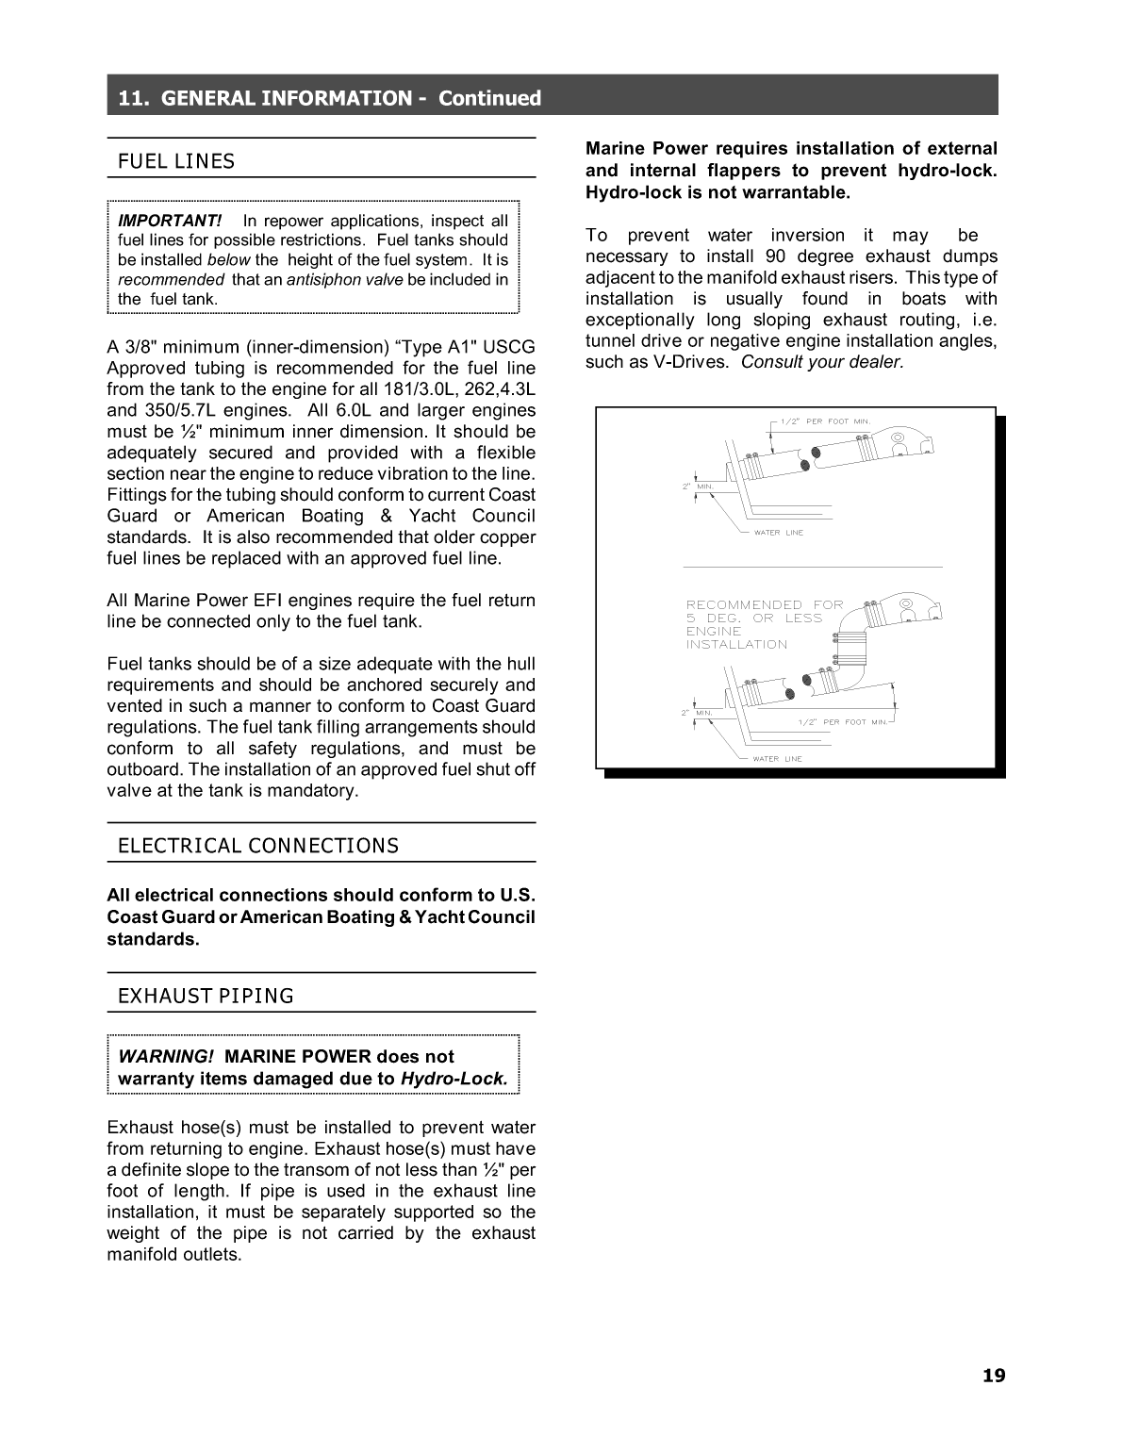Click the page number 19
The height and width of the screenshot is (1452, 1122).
pos(994,1376)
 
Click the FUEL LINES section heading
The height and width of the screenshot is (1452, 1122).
pos(176,161)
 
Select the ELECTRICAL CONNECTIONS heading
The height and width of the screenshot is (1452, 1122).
pos(257,846)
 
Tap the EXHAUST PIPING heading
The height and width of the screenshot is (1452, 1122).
pos(206,996)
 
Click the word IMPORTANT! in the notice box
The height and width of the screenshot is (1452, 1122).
pos(170,221)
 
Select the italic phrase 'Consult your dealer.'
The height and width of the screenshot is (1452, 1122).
pos(822,362)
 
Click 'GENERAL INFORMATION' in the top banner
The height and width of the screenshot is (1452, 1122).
pos(287,98)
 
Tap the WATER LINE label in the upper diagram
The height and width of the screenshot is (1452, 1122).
pos(778,533)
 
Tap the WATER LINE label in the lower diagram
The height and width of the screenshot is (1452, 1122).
pos(777,759)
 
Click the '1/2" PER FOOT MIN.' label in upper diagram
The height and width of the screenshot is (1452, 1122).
pos(825,421)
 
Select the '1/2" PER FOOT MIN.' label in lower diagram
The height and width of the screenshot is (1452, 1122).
pos(842,722)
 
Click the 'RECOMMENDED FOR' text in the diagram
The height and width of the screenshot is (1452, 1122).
pos(764,605)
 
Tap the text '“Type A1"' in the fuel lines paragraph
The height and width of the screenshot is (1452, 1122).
pos(439,348)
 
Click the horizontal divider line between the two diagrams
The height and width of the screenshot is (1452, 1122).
pos(812,568)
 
